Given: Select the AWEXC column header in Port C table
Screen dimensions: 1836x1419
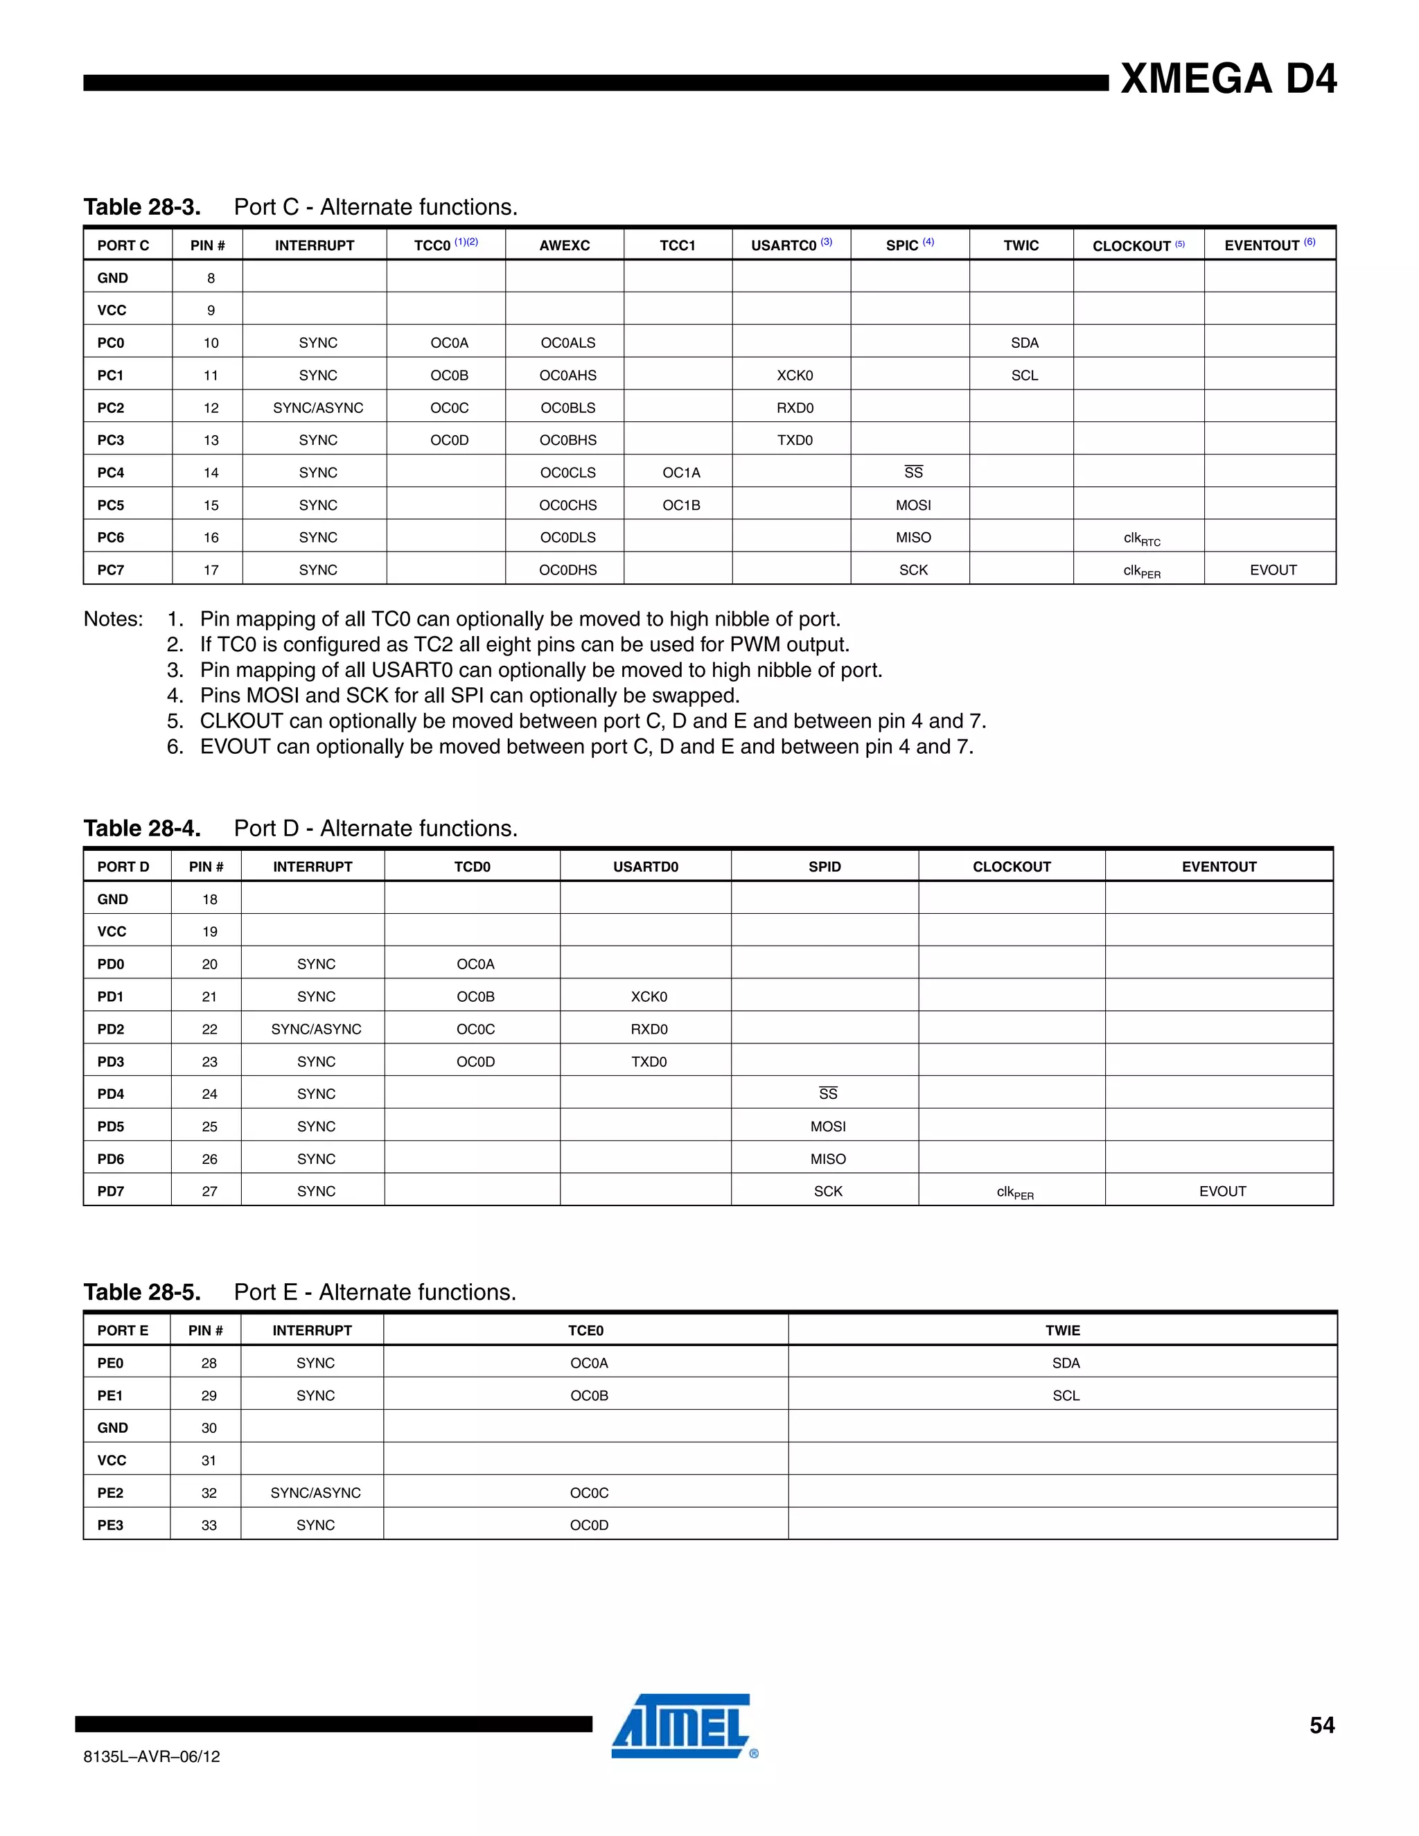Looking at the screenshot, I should pos(564,245).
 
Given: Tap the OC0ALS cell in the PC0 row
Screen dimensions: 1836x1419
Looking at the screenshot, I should pos(567,343).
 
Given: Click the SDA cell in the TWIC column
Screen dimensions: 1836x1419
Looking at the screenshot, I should pos(1024,343).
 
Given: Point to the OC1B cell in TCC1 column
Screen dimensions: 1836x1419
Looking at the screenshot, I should pos(681,505).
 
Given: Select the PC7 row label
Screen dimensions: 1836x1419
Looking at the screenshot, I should pos(111,570).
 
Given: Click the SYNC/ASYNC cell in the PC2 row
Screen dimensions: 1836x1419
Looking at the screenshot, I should pos(318,407).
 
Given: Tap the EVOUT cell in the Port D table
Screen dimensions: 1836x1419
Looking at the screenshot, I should pos(1222,1191).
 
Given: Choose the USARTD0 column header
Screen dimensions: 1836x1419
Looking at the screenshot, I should pos(645,867).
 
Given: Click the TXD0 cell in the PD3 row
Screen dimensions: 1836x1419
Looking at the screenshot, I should pos(648,1061).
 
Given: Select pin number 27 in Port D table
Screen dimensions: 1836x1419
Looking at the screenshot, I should pos(209,1191).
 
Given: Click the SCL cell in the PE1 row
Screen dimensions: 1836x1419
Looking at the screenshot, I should pos(1065,1395).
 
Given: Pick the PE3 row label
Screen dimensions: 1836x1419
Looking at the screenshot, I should pos(110,1525).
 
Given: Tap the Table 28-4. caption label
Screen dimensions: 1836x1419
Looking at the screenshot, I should pos(142,829).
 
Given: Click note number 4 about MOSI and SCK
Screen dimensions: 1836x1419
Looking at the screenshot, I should pos(469,696).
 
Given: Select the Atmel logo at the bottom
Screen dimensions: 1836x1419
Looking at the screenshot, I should pos(682,1726).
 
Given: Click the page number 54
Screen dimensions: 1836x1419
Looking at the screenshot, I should pos(1321,1725).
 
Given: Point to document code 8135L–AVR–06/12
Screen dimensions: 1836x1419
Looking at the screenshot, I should pos(151,1756).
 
